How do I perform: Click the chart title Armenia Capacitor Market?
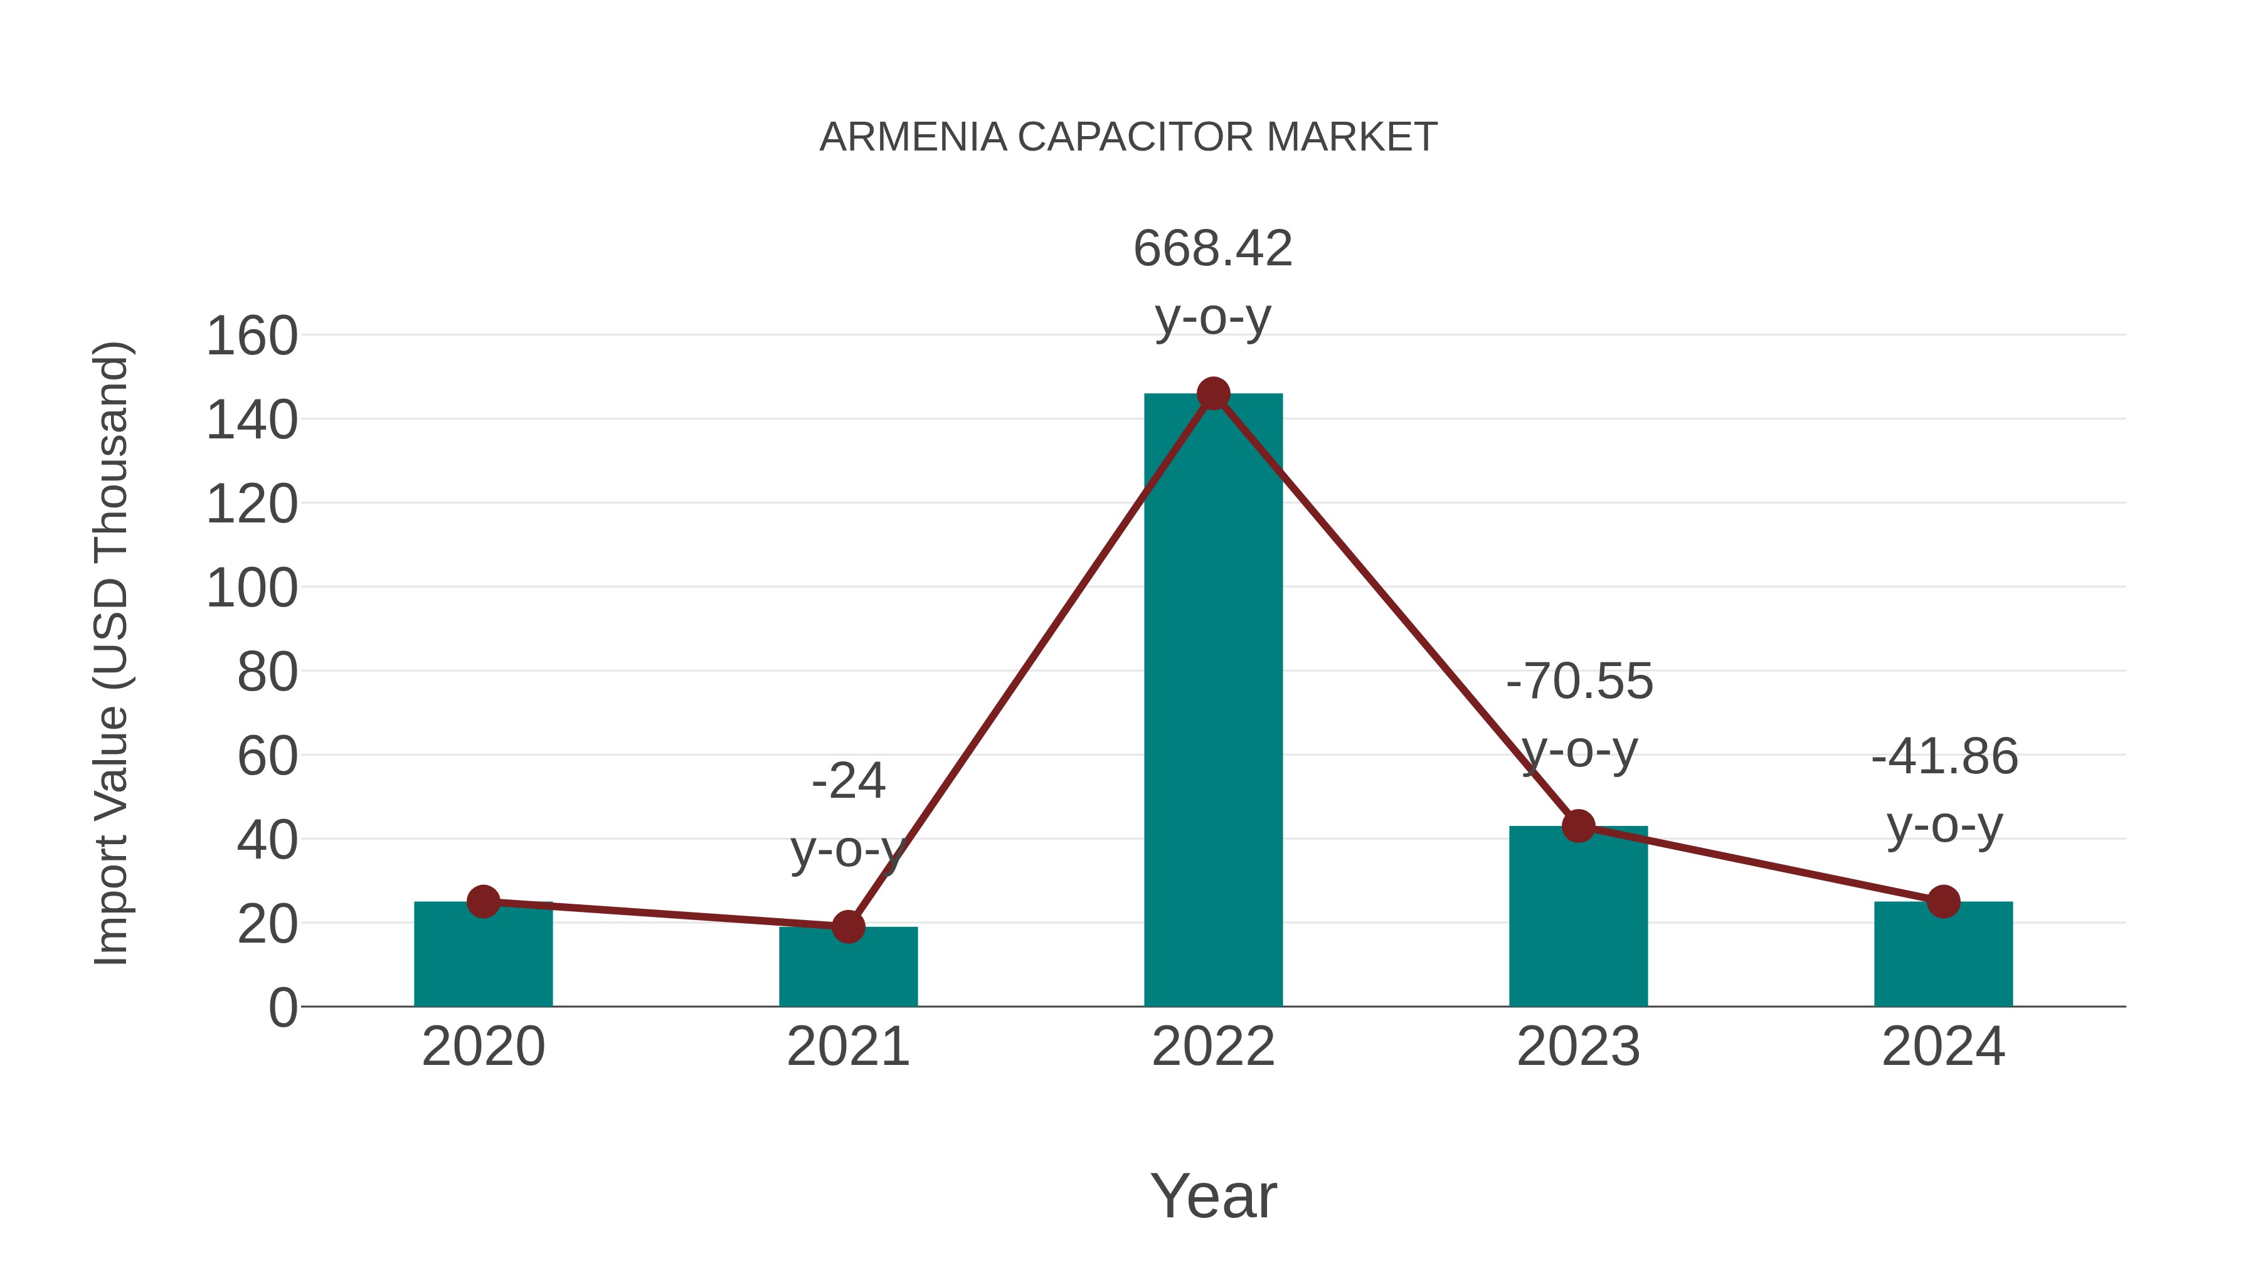click(x=1128, y=137)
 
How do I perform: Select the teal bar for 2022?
click(x=1213, y=701)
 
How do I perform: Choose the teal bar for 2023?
click(x=1578, y=920)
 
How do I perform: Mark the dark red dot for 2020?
click(x=483, y=901)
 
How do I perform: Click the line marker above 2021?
click(x=847, y=926)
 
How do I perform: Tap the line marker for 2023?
click(x=1578, y=825)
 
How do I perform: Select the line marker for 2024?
click(x=1943, y=901)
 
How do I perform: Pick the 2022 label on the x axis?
click(x=1213, y=1047)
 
